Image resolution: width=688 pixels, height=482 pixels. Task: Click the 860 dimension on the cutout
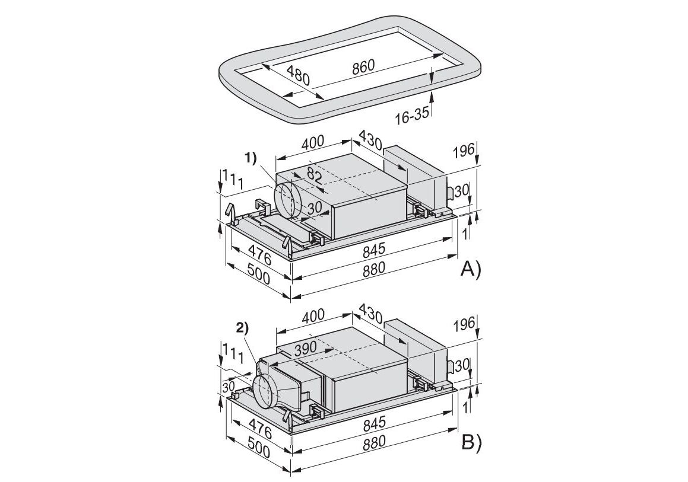pos(363,66)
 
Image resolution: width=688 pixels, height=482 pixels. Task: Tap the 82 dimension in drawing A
pos(314,176)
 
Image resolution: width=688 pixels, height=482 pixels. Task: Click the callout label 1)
pos(252,158)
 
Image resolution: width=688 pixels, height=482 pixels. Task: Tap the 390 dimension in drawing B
pos(305,349)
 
